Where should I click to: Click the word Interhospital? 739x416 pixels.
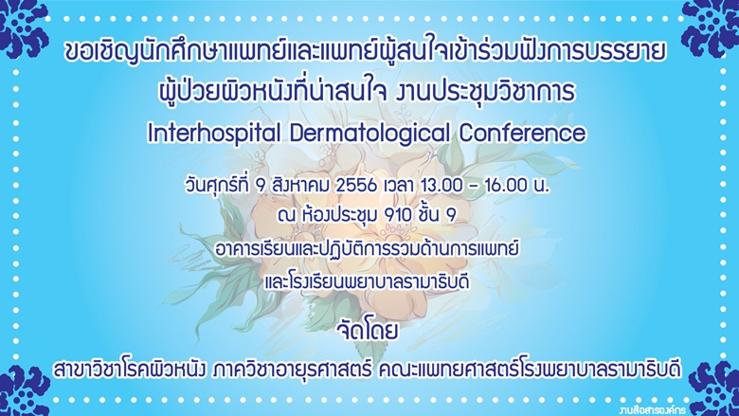(214, 134)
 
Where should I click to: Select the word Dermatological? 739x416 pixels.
(369, 135)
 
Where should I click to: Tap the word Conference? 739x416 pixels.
(522, 134)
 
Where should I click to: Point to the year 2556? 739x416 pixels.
(357, 186)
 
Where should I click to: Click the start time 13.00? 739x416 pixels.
(442, 186)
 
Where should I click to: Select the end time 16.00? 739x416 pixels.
(506, 186)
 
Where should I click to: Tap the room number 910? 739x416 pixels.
(397, 216)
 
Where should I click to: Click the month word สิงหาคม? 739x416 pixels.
(300, 185)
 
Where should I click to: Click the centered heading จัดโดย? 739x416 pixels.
(368, 331)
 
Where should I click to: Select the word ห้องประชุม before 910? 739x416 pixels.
(338, 215)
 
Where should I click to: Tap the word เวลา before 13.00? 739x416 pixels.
(400, 186)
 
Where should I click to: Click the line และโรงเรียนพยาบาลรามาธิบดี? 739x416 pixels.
(367, 280)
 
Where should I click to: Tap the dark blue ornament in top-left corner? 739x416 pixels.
(24, 28)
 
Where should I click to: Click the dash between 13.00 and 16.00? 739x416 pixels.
(474, 187)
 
